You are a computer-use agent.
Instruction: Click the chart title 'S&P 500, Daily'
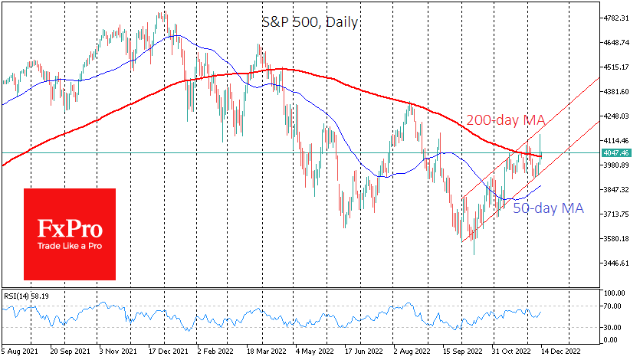[x=310, y=22]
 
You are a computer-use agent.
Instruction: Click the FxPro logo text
[x=70, y=229]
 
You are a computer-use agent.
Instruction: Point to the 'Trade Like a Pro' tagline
[x=70, y=247]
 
